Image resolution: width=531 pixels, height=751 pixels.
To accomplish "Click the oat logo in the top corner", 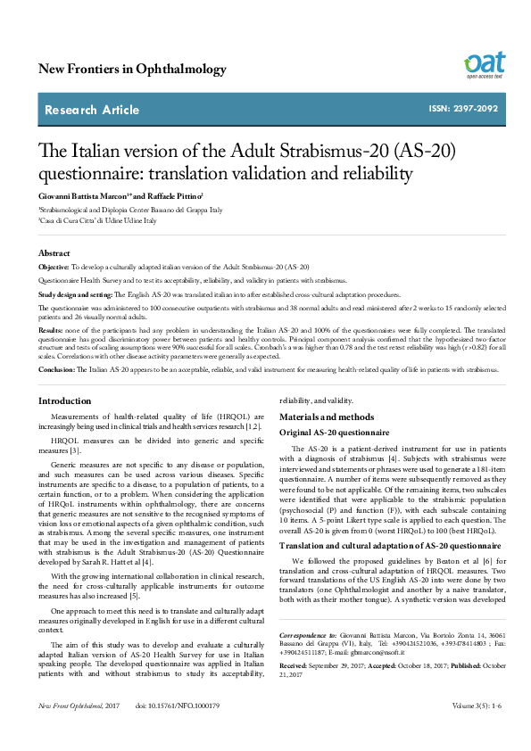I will click(484, 65).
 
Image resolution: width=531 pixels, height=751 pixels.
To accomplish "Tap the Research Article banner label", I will click(92, 110).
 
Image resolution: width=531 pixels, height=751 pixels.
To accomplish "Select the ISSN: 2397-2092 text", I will click(461, 110).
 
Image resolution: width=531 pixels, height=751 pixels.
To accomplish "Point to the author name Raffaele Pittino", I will click(174, 194).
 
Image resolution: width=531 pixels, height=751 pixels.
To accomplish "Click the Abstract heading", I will click(54, 253).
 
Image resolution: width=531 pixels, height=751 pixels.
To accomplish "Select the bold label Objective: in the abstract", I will click(53, 267).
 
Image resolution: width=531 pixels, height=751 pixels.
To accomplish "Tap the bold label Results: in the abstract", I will click(50, 329).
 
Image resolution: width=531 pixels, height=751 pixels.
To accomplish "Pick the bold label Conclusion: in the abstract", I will click(55, 368).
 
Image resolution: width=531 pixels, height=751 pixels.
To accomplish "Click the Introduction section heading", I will click(64, 401).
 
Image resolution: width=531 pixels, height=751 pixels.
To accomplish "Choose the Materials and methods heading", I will click(328, 417).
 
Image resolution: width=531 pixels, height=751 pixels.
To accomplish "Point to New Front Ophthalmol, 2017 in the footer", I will click(79, 730).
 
